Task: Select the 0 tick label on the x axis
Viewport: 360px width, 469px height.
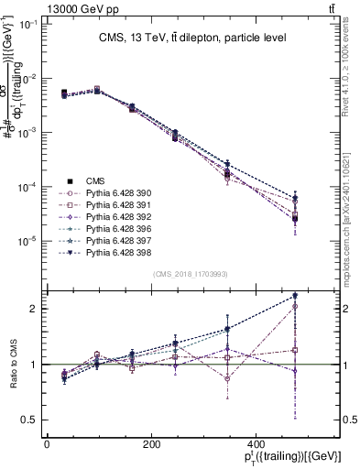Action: tap(47, 443)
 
